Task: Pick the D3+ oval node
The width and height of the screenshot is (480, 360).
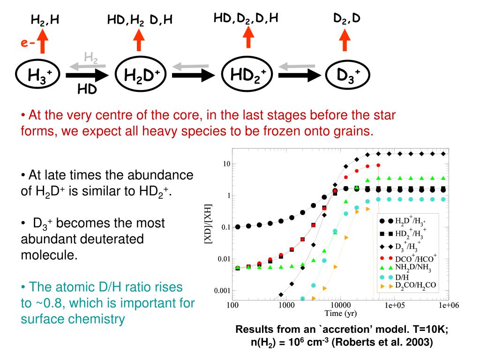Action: (347, 75)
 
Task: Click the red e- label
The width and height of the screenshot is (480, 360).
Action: (27, 43)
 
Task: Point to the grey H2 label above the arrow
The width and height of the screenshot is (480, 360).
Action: (91, 58)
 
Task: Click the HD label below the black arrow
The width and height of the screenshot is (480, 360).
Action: (87, 88)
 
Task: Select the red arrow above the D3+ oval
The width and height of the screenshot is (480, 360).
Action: (346, 39)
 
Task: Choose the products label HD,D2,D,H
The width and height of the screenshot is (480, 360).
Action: (246, 18)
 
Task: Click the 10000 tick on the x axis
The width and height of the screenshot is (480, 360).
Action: (339, 306)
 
